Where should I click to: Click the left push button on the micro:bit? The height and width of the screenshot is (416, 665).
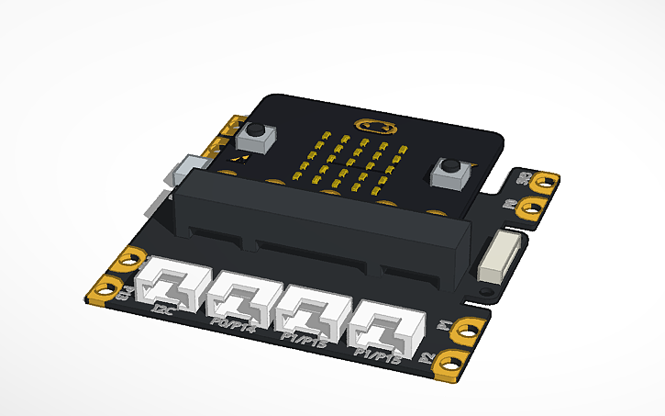click(x=256, y=137)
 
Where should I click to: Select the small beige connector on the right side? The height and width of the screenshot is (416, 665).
click(x=500, y=255)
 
